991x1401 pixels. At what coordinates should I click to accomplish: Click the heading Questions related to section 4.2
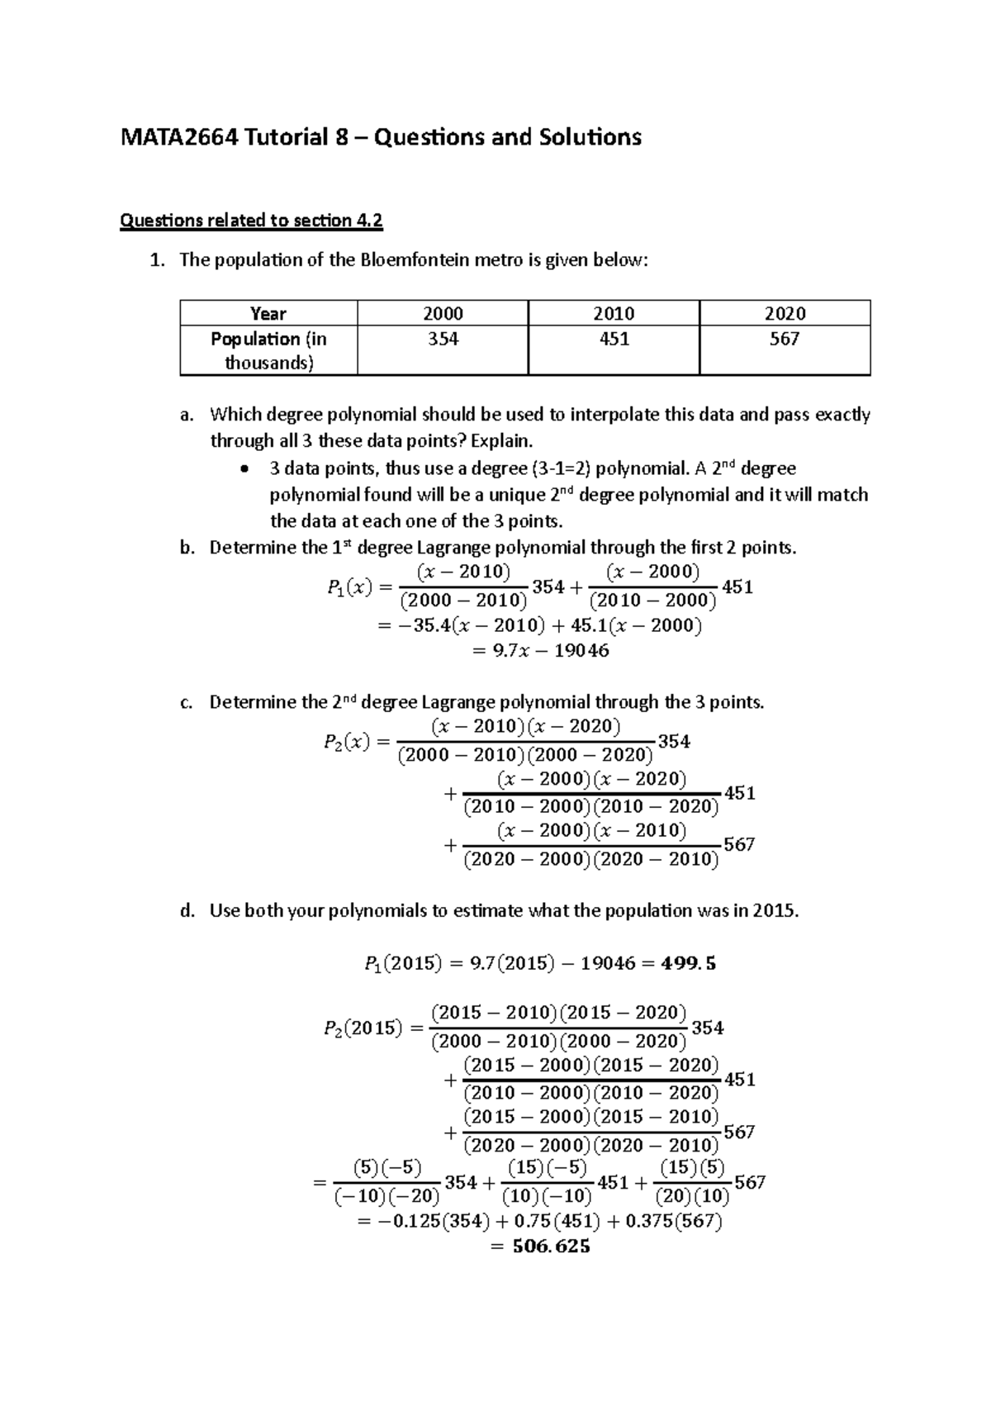point(252,221)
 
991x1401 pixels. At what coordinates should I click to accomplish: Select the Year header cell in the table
point(268,314)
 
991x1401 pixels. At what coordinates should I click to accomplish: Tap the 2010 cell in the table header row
point(614,314)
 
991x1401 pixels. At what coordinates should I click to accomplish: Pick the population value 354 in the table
point(443,339)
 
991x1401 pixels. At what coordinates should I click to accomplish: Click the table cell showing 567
point(784,339)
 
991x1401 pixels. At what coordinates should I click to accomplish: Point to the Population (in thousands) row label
point(268,350)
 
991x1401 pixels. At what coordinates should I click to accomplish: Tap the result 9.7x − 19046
point(540,651)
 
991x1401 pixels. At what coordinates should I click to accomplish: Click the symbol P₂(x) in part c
point(346,742)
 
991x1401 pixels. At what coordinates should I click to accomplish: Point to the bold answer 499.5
point(689,963)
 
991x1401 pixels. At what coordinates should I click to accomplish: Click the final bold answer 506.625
point(551,1247)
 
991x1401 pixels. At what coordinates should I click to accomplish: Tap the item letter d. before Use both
point(187,911)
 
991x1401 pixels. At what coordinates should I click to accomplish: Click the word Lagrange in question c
point(455,702)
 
